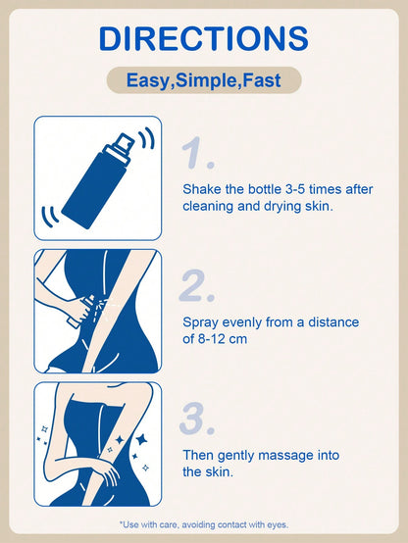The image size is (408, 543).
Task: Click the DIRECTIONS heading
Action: click(x=203, y=38)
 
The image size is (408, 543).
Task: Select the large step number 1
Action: click(x=197, y=153)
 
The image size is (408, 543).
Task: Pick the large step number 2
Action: click(x=197, y=285)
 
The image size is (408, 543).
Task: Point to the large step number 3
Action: click(x=197, y=419)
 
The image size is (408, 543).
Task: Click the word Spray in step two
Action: click(x=200, y=322)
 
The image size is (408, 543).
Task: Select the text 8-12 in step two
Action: click(x=212, y=339)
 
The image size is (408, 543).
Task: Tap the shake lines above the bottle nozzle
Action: click(x=146, y=138)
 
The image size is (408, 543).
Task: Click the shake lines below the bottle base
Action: click(x=50, y=216)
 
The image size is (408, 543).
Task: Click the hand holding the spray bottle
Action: click(x=79, y=309)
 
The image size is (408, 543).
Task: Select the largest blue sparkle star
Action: click(x=142, y=439)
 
